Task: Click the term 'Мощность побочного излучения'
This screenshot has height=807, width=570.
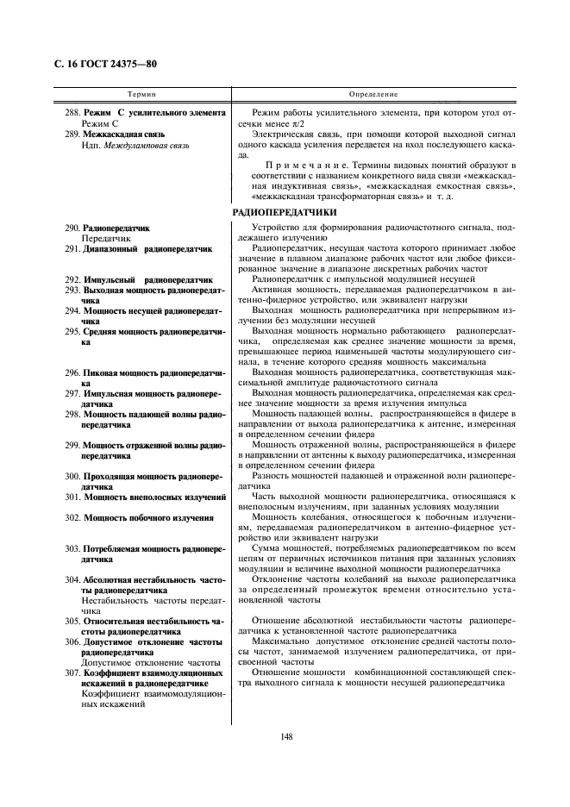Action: [x=148, y=517]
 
